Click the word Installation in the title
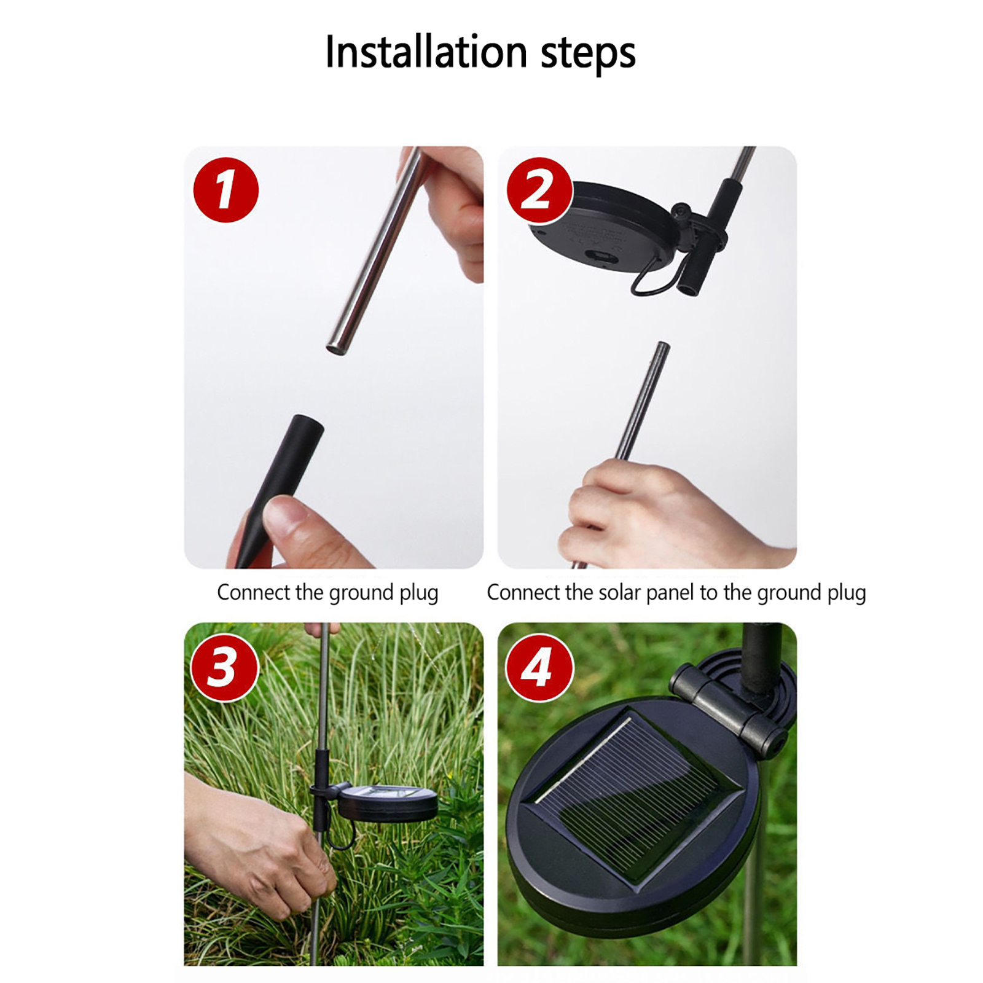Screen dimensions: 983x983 point(426,52)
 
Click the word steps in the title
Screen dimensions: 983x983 point(588,54)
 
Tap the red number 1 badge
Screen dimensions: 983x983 point(225,190)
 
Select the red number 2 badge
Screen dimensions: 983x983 point(539,190)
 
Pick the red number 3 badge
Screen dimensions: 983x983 point(224,667)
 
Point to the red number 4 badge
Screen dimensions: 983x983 point(539,667)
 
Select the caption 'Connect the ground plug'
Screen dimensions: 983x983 point(327,593)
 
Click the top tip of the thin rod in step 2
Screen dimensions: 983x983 point(663,344)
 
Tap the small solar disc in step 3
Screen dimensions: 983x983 point(386,802)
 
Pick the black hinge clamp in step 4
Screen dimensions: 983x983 point(728,707)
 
